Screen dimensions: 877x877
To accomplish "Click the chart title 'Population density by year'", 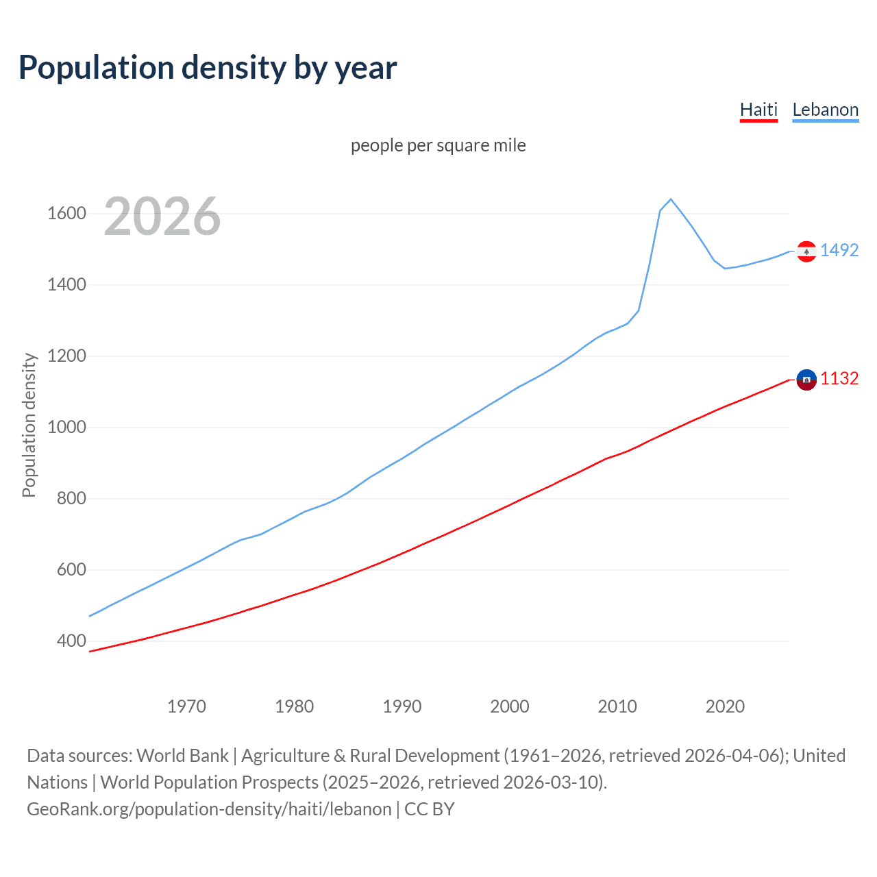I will pos(208,67).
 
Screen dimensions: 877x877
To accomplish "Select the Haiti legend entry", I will pos(758,110).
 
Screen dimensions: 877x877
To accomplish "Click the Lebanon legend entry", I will pos(825,110).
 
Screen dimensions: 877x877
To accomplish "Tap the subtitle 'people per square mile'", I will pos(438,145).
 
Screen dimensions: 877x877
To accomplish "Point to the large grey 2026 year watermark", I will pos(162,217).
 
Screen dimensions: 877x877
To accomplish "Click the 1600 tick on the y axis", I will pos(66,214).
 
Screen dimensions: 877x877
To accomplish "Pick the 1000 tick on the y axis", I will pos(66,428).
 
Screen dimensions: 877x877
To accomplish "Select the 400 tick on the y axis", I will pos(71,641).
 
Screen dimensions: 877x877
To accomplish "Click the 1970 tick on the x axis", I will pos(186,706).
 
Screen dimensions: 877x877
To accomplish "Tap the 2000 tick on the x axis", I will pos(510,706).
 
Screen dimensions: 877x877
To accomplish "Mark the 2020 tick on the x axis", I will pos(725,706).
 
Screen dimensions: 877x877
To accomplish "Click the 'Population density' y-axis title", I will pos(29,425).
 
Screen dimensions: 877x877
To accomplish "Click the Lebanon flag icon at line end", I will pos(806,251).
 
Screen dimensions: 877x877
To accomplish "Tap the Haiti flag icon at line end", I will pos(806,379).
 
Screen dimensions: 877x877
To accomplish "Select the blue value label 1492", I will pos(839,250).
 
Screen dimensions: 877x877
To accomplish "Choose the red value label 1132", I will pos(839,378).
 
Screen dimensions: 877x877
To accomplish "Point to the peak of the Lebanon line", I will pos(671,199).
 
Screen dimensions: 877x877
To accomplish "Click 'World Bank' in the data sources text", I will pos(182,755).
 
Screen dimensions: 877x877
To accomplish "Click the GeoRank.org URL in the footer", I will pos(209,808).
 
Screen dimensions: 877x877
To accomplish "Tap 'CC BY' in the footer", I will pos(430,808).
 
